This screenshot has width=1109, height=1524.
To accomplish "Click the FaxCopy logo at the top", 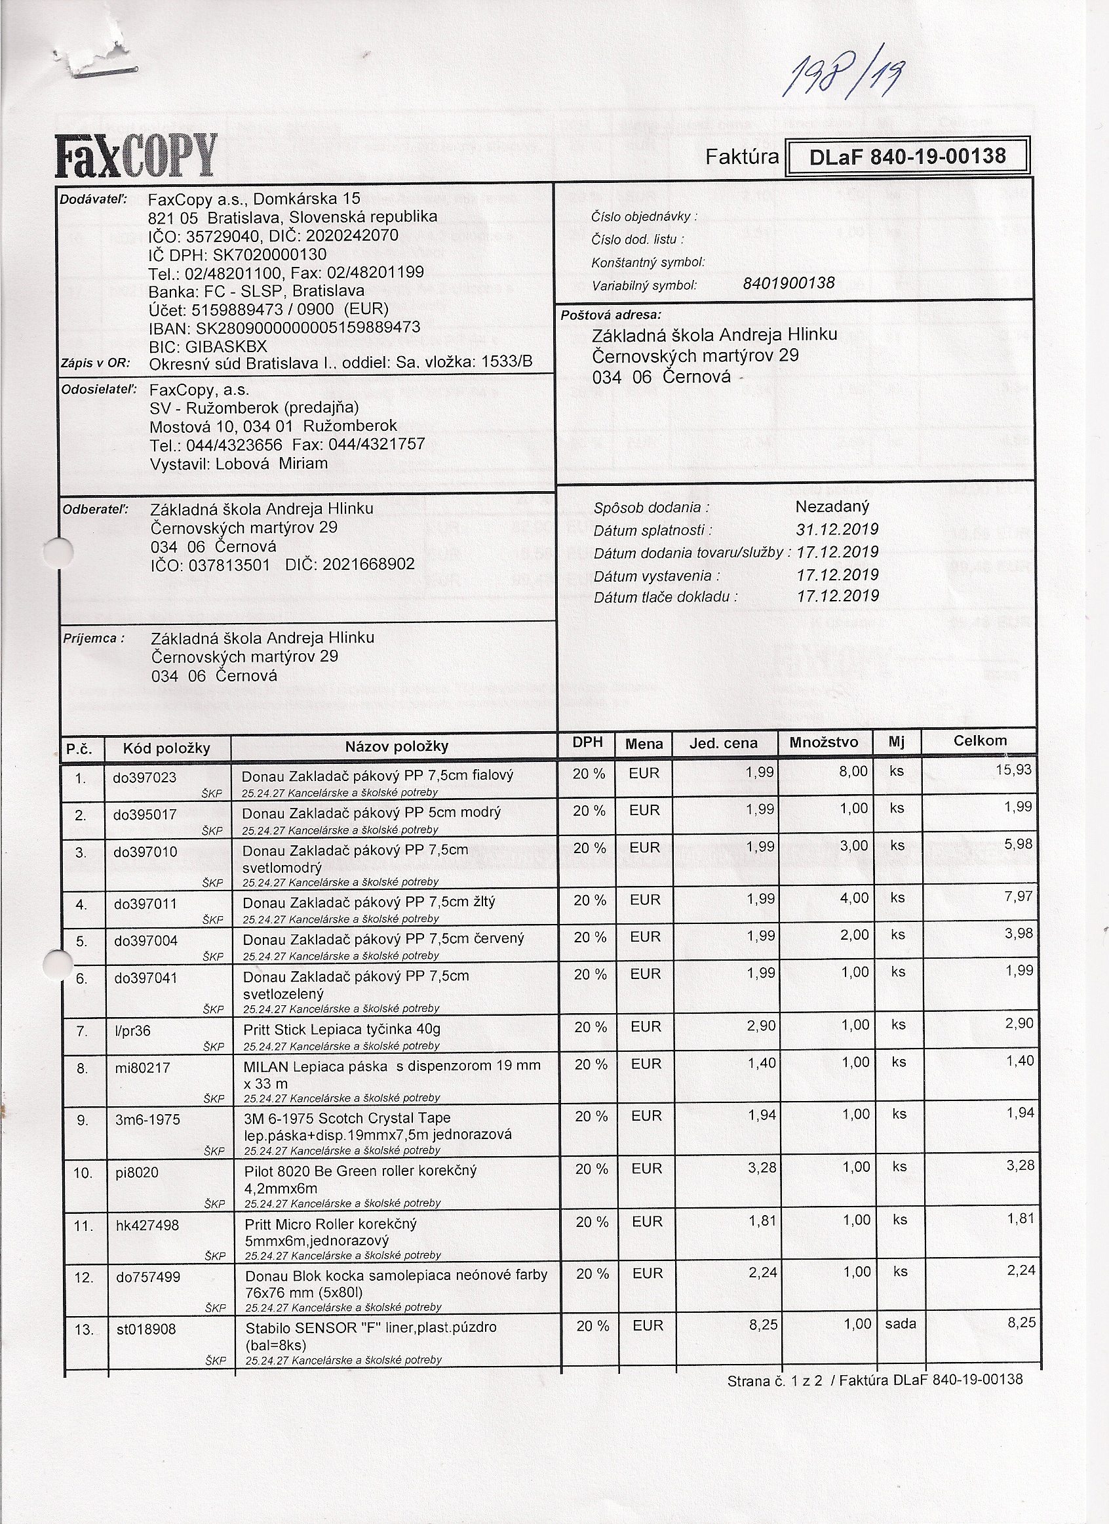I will coord(136,155).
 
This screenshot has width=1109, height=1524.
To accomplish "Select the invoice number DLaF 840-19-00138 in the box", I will coord(907,157).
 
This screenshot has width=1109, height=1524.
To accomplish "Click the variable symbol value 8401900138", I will coord(788,283).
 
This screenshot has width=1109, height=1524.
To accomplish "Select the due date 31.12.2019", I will coord(837,529).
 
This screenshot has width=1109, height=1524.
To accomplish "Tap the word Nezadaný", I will coord(832,507).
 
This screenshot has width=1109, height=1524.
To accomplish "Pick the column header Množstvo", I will coord(823,742).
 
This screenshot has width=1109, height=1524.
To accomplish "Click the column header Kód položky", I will coord(166,748).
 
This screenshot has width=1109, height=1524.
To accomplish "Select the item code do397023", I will coord(144,778).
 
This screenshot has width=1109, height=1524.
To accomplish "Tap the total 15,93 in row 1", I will coord(1013,770).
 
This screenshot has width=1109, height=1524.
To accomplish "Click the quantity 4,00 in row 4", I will coord(854,898).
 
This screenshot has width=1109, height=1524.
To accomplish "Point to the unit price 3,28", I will coord(762,1168).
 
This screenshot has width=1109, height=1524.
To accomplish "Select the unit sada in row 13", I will coord(900,1324).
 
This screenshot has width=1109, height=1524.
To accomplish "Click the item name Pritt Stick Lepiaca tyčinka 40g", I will coord(342,1030).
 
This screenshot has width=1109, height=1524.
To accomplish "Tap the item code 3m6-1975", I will coord(147,1119).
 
